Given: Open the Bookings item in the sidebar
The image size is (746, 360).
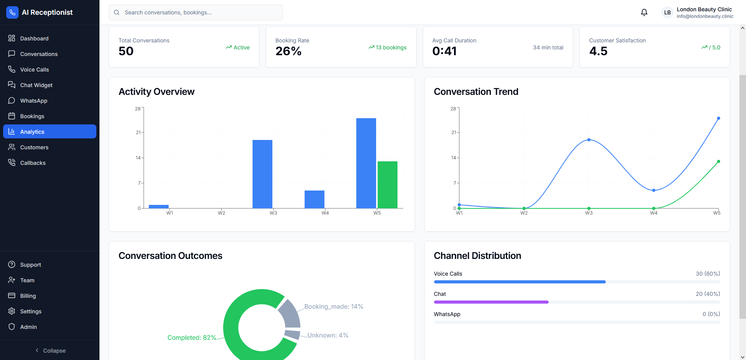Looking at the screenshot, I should (x=32, y=116).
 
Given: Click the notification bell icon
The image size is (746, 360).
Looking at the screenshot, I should (x=644, y=12).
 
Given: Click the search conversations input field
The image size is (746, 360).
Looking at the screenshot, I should (x=196, y=12).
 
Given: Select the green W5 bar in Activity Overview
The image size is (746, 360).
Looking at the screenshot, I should (x=387, y=185).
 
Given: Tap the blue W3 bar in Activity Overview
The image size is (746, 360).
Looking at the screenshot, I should (x=262, y=174).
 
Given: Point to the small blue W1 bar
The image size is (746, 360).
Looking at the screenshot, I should (x=159, y=206).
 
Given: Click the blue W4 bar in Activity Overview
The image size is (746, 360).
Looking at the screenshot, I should (x=314, y=199).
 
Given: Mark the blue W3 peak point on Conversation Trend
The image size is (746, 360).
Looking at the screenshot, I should (x=589, y=140).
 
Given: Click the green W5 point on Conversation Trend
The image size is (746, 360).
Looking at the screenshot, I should (x=718, y=161).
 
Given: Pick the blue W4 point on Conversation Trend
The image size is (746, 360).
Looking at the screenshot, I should (x=654, y=190).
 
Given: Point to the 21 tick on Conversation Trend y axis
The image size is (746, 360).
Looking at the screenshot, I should (x=453, y=133).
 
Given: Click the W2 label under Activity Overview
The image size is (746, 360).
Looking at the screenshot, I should (x=221, y=213).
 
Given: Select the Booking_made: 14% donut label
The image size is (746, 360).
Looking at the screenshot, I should (x=333, y=306).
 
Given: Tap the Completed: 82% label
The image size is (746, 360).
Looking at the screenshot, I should (x=192, y=337).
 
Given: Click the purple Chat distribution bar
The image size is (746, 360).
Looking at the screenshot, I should (x=491, y=302).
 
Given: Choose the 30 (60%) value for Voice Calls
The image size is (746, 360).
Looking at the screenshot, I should (x=708, y=274).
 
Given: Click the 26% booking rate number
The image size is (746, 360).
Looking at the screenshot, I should (x=288, y=51).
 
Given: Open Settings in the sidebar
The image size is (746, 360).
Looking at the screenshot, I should (x=31, y=311).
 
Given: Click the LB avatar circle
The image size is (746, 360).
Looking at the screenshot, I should (x=667, y=12).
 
